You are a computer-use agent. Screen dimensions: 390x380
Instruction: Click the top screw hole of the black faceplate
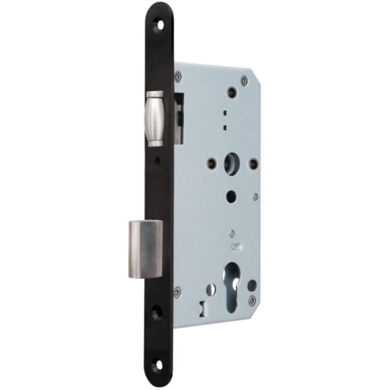coord(157,25)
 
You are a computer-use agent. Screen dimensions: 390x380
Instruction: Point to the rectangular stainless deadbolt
coord(145,249)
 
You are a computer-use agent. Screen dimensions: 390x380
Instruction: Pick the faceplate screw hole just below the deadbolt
coord(157,312)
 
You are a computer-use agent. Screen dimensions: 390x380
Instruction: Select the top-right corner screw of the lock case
coord(244,80)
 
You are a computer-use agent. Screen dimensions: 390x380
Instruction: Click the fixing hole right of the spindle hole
coord(254,162)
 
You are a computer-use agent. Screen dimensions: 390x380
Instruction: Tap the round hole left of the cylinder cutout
coord(211,289)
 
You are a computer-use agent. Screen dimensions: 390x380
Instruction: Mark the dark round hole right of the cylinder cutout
coord(252,286)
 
